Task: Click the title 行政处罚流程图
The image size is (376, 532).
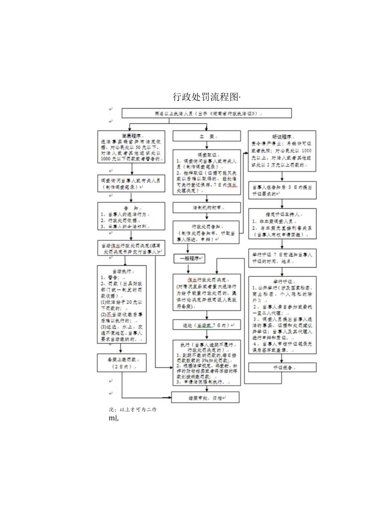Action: [x=206, y=97]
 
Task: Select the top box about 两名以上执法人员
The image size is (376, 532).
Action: [x=206, y=113]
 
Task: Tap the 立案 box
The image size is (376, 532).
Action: [x=206, y=136]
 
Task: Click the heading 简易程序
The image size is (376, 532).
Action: [x=131, y=135]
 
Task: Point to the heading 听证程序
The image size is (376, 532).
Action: [x=282, y=137]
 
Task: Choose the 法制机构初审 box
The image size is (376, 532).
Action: [x=206, y=208]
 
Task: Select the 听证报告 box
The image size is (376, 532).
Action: [x=282, y=367]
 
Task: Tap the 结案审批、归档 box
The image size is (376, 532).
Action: [x=206, y=397]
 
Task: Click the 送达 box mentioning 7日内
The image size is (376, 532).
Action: [x=206, y=325]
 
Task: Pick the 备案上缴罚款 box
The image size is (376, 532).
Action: [x=121, y=363]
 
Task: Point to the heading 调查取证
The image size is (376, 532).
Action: [x=206, y=155]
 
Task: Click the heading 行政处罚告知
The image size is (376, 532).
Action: [x=206, y=226]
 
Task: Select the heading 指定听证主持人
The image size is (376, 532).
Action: [x=282, y=213]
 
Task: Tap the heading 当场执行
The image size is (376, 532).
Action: [x=122, y=271]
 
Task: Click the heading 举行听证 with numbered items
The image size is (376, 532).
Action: [x=282, y=281]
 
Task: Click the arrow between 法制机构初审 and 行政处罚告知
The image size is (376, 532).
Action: [x=206, y=217]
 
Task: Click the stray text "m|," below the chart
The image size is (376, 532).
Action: [x=114, y=418]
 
